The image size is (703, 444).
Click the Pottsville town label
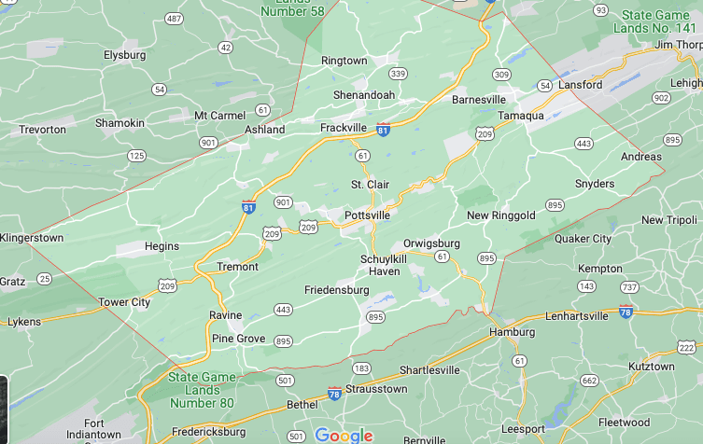pos(367,215)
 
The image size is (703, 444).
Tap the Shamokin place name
pos(120,123)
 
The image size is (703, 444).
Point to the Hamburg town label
pos(513,332)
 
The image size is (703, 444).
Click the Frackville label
pos(345,127)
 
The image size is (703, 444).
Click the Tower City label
pos(124,302)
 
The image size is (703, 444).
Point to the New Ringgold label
pos(501,215)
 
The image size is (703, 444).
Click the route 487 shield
pos(174,19)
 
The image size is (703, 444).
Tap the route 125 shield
pos(136,156)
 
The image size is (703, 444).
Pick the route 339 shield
pos(398,74)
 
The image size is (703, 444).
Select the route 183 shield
pos(361,368)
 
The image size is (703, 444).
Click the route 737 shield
pos(629,287)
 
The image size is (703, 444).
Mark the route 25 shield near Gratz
pos(44,278)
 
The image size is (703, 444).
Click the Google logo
pos(344,435)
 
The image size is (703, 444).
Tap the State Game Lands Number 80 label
pos(202,390)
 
